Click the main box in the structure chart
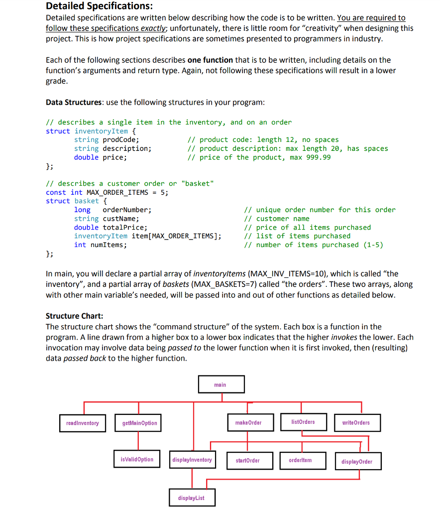220,385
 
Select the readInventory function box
83,423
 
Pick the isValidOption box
137,459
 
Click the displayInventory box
192,460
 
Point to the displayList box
191,498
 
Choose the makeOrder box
248,423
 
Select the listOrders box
303,422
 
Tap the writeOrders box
356,423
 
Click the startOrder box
247,461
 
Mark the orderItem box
300,460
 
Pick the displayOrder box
357,462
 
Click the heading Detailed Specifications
99,6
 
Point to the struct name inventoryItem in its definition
101,131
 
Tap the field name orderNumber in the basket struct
127,210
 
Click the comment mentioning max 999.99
259,157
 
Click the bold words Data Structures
74,102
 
